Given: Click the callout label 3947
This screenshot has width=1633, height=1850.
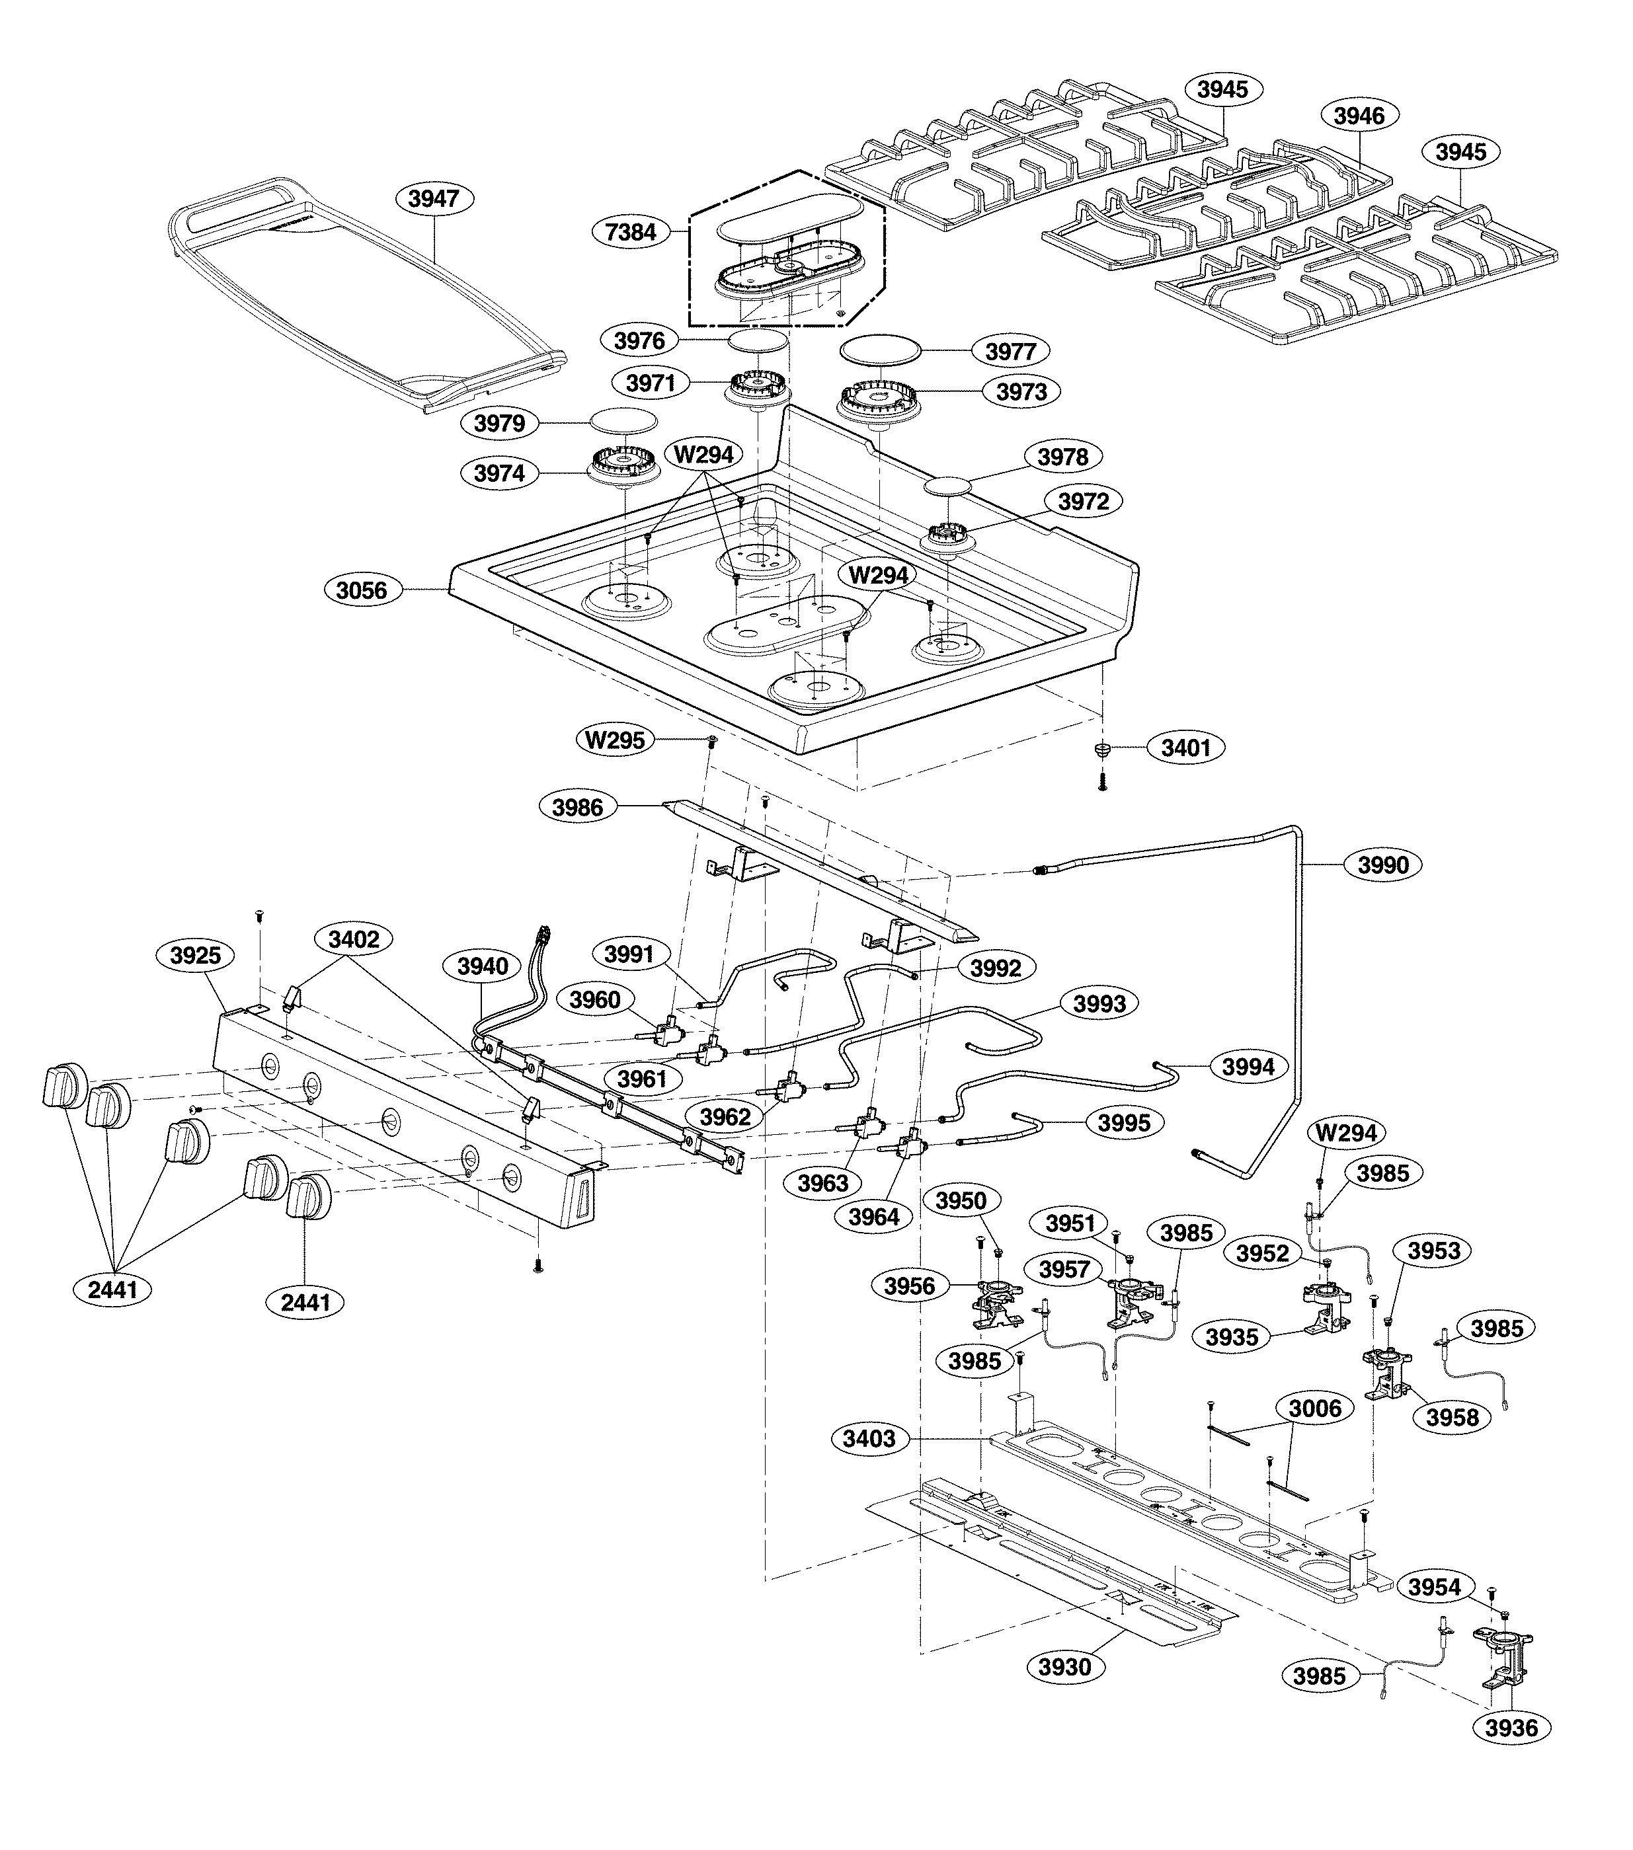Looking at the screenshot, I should (434, 198).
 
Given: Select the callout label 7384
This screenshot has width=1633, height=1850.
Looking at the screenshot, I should (630, 233).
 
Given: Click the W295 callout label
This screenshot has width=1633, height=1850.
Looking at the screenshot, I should (615, 740).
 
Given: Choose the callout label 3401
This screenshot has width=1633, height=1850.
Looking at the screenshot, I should (1186, 748).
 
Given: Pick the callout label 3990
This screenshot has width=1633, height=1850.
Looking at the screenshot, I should (1383, 865).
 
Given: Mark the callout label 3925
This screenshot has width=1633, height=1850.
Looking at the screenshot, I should (196, 955).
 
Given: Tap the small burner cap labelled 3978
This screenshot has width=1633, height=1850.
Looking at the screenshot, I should (947, 486).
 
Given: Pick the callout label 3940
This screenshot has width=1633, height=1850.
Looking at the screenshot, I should (483, 966).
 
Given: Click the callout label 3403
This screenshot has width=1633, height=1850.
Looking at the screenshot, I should (869, 1438).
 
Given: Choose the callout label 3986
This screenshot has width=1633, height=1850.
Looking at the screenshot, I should (578, 806).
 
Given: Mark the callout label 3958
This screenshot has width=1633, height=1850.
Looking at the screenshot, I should (1452, 1417).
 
